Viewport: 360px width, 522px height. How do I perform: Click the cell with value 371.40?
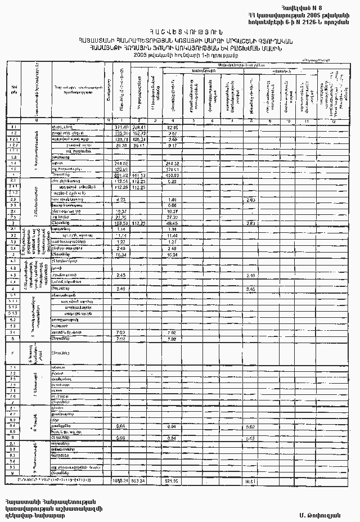[121, 128]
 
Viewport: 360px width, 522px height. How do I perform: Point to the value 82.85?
[173, 128]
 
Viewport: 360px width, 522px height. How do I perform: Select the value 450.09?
[172, 175]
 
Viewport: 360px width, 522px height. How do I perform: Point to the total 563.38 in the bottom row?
[138, 481]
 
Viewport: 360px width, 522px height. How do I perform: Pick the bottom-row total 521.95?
[172, 481]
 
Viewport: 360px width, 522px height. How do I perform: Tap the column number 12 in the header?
[334, 121]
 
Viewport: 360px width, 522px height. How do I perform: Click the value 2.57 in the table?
[173, 133]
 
